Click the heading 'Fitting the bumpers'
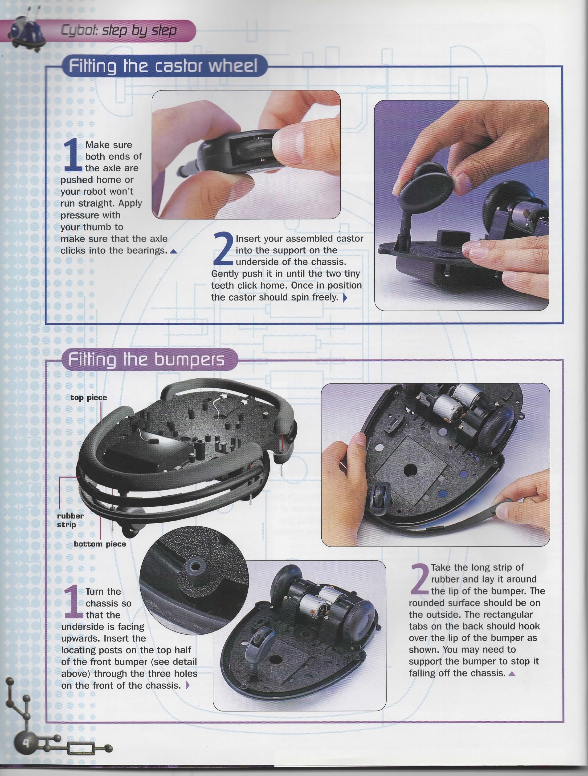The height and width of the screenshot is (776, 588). (x=146, y=360)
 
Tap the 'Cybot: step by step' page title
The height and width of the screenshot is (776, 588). (x=119, y=31)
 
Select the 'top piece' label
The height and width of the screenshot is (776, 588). (x=89, y=397)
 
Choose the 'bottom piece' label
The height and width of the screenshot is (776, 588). (x=100, y=544)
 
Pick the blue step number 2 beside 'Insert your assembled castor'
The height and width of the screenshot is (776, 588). (x=223, y=249)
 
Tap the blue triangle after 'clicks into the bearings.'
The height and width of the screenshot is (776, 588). (x=173, y=251)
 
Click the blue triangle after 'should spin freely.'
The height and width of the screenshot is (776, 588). (x=345, y=298)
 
